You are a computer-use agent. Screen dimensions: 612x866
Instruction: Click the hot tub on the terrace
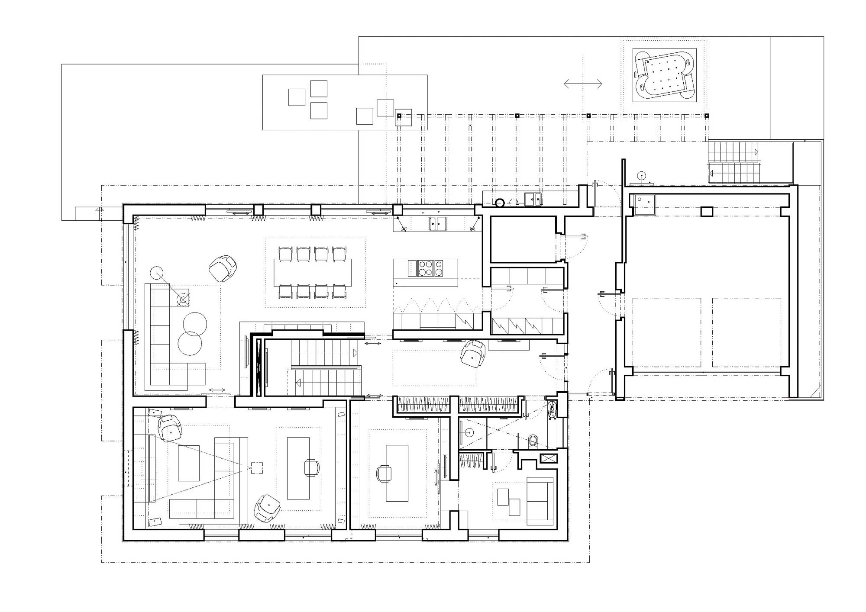point(664,75)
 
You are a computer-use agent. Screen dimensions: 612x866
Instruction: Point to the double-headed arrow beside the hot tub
point(583,84)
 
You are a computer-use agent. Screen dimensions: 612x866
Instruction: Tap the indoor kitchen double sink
point(438,224)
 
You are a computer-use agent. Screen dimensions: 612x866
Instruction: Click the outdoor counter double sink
point(533,199)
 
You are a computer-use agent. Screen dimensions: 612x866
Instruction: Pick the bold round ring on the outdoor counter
point(501,202)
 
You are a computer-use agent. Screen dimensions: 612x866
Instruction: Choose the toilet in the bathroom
point(533,441)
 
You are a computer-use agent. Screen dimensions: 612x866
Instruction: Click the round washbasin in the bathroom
point(470,432)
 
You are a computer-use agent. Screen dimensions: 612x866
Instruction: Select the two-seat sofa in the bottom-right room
point(540,501)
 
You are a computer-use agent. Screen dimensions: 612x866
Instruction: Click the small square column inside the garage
point(707,212)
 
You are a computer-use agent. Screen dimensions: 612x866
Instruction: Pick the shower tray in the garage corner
point(645,205)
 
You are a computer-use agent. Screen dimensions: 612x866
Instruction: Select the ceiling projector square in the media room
point(257,468)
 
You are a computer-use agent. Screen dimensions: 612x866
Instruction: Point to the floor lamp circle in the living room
point(156,273)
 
